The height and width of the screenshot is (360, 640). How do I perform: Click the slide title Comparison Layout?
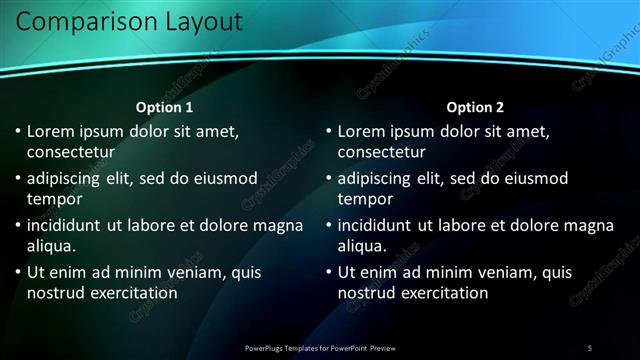point(129,21)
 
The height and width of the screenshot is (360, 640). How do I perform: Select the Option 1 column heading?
point(164,107)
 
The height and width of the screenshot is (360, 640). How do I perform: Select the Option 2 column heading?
point(475,107)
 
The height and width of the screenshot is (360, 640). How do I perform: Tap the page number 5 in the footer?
point(589,347)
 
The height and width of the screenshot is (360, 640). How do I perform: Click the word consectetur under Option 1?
point(70,152)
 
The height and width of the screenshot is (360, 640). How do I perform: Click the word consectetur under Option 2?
point(381,152)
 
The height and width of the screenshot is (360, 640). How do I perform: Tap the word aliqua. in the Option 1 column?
point(52,246)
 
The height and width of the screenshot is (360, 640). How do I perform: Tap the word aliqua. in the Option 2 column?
point(363,246)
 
